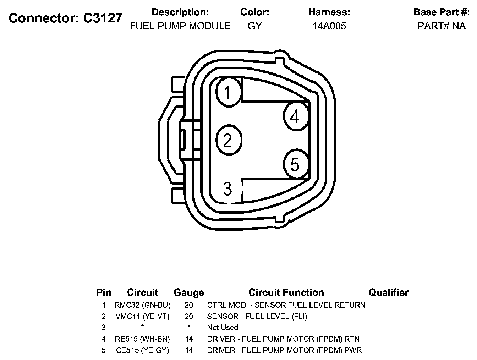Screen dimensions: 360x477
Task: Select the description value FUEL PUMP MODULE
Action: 180,26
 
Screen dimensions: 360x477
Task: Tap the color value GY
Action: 255,26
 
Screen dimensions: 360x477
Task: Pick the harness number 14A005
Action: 329,26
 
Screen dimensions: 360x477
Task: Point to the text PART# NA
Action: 441,26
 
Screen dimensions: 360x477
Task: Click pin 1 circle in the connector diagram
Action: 229,92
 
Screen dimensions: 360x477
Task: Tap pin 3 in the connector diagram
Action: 228,189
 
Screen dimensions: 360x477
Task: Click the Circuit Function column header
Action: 286,293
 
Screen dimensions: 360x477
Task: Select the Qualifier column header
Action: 388,293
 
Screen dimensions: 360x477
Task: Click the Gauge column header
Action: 189,293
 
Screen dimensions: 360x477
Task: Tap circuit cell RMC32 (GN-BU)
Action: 142,305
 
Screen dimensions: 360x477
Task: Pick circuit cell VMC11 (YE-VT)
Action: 142,316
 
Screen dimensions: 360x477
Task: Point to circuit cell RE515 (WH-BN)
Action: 142,339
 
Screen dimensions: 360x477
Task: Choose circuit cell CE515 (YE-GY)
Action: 142,350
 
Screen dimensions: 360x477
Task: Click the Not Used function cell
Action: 223,328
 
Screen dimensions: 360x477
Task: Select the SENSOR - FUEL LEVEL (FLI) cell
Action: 257,316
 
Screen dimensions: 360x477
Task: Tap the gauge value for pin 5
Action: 189,350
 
